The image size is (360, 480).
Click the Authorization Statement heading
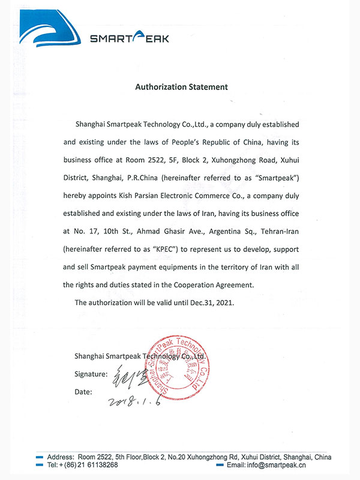181,86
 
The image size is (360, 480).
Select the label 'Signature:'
91,374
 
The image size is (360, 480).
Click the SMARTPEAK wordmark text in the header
130,39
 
